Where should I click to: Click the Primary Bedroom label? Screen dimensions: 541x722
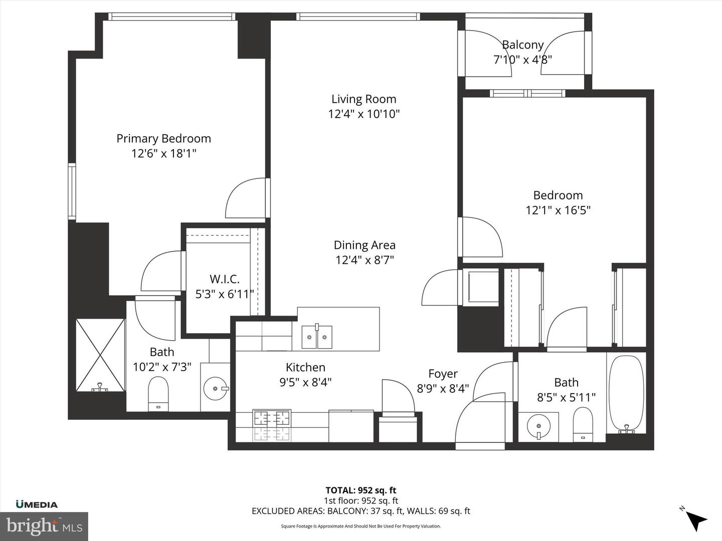point(163,139)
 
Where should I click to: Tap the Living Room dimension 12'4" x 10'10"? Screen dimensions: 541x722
point(364,114)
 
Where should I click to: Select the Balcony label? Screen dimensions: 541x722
point(522,45)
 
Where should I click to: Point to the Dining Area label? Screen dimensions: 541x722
point(365,245)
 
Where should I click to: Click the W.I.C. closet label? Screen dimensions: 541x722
point(224,280)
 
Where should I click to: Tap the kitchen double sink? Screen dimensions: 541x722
point(316,337)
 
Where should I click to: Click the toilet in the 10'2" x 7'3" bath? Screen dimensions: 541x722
point(158,393)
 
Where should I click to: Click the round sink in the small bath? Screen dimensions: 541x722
point(538,426)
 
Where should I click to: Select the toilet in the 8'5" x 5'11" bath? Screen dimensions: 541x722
point(583,423)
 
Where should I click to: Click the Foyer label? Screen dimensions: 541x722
point(443,374)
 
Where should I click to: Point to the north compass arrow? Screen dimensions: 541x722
point(695,519)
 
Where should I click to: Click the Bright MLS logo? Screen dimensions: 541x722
point(44,526)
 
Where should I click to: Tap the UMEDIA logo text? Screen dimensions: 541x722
point(37,504)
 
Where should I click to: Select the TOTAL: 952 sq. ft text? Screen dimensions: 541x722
point(360,490)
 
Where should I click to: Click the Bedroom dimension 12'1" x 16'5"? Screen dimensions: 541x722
point(558,210)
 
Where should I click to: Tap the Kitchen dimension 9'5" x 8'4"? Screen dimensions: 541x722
point(305,383)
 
